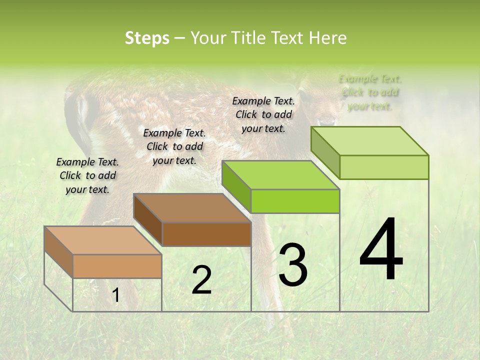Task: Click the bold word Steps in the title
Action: point(147,38)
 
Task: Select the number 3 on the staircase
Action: point(293,265)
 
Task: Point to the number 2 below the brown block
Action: point(201,280)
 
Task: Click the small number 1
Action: point(116,295)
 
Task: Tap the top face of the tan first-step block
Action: point(102,240)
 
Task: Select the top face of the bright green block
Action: point(280,175)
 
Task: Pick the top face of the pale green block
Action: point(369,141)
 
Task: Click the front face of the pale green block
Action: point(384,167)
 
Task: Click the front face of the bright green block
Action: point(295,201)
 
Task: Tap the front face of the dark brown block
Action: point(206,234)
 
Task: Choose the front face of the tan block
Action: point(117,266)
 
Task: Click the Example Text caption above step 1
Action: point(87,175)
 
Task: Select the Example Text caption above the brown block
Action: point(174,146)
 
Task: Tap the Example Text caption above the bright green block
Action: point(263,114)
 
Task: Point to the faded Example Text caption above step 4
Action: point(370,92)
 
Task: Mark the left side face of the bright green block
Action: point(236,186)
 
